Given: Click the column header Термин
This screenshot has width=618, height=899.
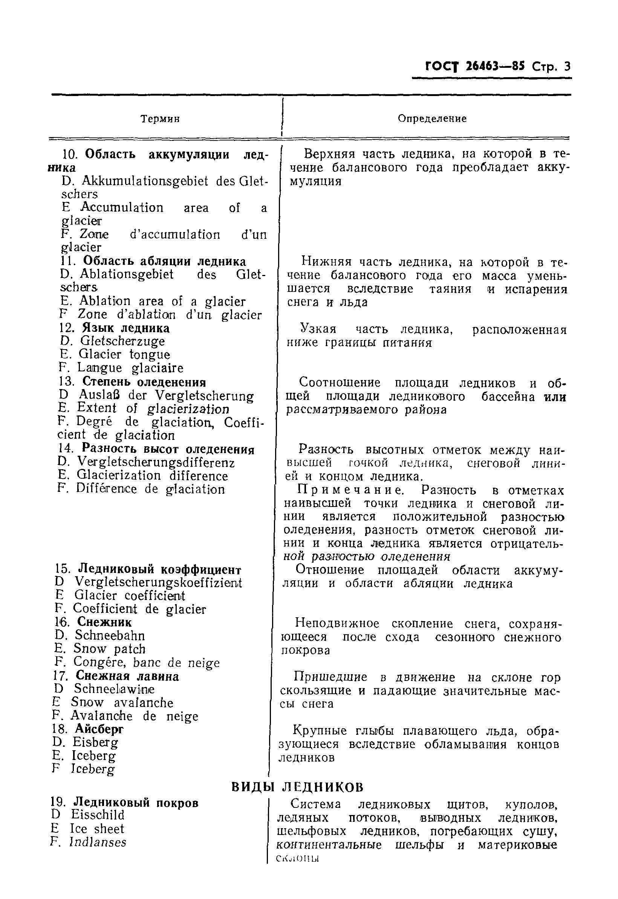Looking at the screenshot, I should [160, 118].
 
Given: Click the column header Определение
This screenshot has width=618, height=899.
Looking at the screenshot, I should [432, 118].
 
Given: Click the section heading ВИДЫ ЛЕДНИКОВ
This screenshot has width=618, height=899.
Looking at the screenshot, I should [297, 787].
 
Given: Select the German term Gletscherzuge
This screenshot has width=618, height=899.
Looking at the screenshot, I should [122, 341].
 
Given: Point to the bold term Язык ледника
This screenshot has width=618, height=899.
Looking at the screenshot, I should [126, 328].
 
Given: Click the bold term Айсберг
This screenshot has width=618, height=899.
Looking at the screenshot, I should [99, 729].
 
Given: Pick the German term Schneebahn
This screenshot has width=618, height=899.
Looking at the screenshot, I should [110, 635].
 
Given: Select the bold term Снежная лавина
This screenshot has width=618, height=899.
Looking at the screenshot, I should [127, 676].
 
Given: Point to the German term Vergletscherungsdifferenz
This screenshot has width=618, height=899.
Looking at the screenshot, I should [156, 462].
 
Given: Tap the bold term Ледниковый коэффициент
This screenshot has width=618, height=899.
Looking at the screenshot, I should [159, 569].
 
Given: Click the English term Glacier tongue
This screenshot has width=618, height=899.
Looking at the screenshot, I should [124, 354].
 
